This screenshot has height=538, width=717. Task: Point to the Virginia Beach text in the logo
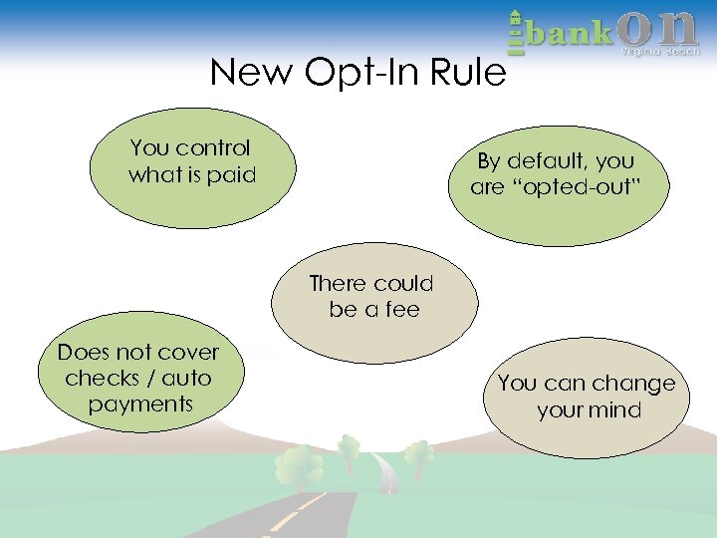point(660,51)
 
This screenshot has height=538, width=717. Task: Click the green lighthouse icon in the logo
point(515,32)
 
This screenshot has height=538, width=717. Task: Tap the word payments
point(139,403)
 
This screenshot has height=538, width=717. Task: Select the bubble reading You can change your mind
point(587,397)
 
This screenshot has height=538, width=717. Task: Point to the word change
point(629,384)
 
